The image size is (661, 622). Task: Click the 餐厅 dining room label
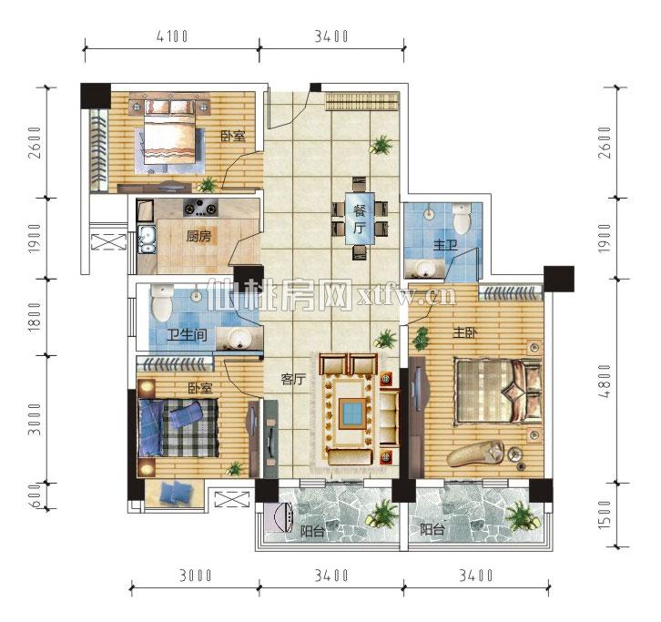pos(360,219)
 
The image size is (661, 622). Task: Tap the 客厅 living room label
pos(293,380)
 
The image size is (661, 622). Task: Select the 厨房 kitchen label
pos(198,236)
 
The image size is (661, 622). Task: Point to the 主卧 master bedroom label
pos(465,333)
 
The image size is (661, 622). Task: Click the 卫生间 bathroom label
pos(187,335)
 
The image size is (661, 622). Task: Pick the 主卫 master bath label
pos(445,245)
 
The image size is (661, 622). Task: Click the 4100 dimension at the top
pos(172,36)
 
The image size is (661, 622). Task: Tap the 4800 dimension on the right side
pos(605,382)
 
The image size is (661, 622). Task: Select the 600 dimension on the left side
pos(36,496)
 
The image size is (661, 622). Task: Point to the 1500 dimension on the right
pos(605,515)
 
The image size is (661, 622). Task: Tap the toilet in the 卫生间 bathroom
pos(162,302)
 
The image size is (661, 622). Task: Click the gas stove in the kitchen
pos(200,208)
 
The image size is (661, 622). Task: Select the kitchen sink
pos(147,240)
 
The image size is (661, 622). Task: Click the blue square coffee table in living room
pos(351,413)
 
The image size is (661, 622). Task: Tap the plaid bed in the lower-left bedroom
pos(178,428)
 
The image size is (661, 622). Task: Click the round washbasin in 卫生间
pos(239,338)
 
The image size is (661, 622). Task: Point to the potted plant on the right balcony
pos(522,517)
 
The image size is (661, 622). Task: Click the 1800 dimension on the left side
pos(36,317)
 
